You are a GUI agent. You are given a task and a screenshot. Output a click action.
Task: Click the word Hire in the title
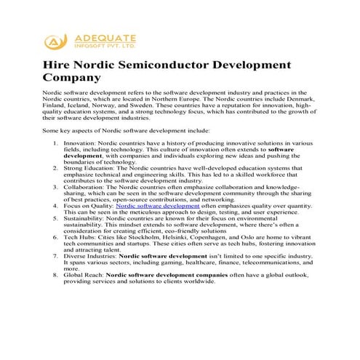[56, 63]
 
